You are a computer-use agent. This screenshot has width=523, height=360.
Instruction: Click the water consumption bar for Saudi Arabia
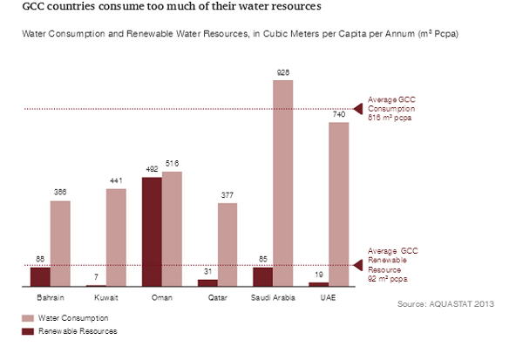[283, 183]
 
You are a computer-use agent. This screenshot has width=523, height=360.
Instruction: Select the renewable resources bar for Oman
[152, 232]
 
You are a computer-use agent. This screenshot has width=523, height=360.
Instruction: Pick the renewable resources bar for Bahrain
[40, 276]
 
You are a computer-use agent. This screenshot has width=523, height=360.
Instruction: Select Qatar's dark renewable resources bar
[207, 282]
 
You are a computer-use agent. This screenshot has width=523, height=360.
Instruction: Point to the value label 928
[283, 73]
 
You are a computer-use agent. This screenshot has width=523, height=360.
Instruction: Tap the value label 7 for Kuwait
[96, 277]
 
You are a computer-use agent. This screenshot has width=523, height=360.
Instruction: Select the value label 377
[228, 196]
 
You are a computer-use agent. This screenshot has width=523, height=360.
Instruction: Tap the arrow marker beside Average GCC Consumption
[357, 108]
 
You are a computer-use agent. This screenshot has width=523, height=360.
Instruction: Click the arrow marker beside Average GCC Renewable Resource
[357, 265]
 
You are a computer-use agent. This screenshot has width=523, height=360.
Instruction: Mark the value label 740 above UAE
[339, 115]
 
